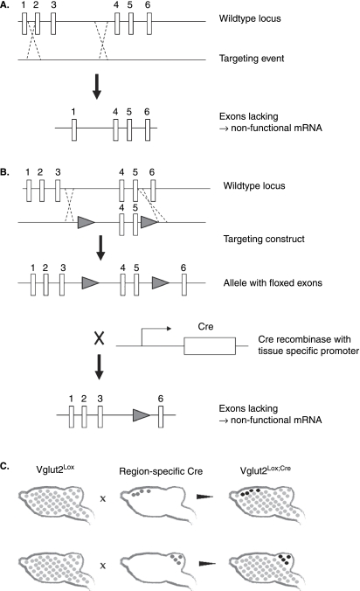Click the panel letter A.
pyautogui.click(x=5, y=5)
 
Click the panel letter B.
pyautogui.click(x=5, y=172)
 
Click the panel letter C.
pyautogui.click(x=5, y=466)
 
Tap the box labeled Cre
pyautogui.click(x=210, y=346)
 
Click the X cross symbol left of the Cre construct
pyautogui.click(x=99, y=338)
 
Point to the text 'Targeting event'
pyautogui.click(x=252, y=59)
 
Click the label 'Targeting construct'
pyautogui.click(x=264, y=239)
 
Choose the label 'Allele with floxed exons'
pyautogui.click(x=273, y=282)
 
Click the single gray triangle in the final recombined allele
pyautogui.click(x=142, y=415)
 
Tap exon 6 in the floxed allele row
pyautogui.click(x=183, y=284)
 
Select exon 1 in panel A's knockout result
pyautogui.click(x=74, y=130)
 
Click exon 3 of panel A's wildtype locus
pyautogui.click(x=53, y=24)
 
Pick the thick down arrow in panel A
pyautogui.click(x=97, y=87)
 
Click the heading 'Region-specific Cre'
pyautogui.click(x=161, y=471)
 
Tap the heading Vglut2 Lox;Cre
pyautogui.click(x=266, y=470)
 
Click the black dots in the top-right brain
pyautogui.click(x=249, y=492)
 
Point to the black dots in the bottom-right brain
pyautogui.click(x=285, y=559)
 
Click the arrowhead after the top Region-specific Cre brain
pyautogui.click(x=204, y=497)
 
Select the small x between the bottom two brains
pyautogui.click(x=103, y=566)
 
